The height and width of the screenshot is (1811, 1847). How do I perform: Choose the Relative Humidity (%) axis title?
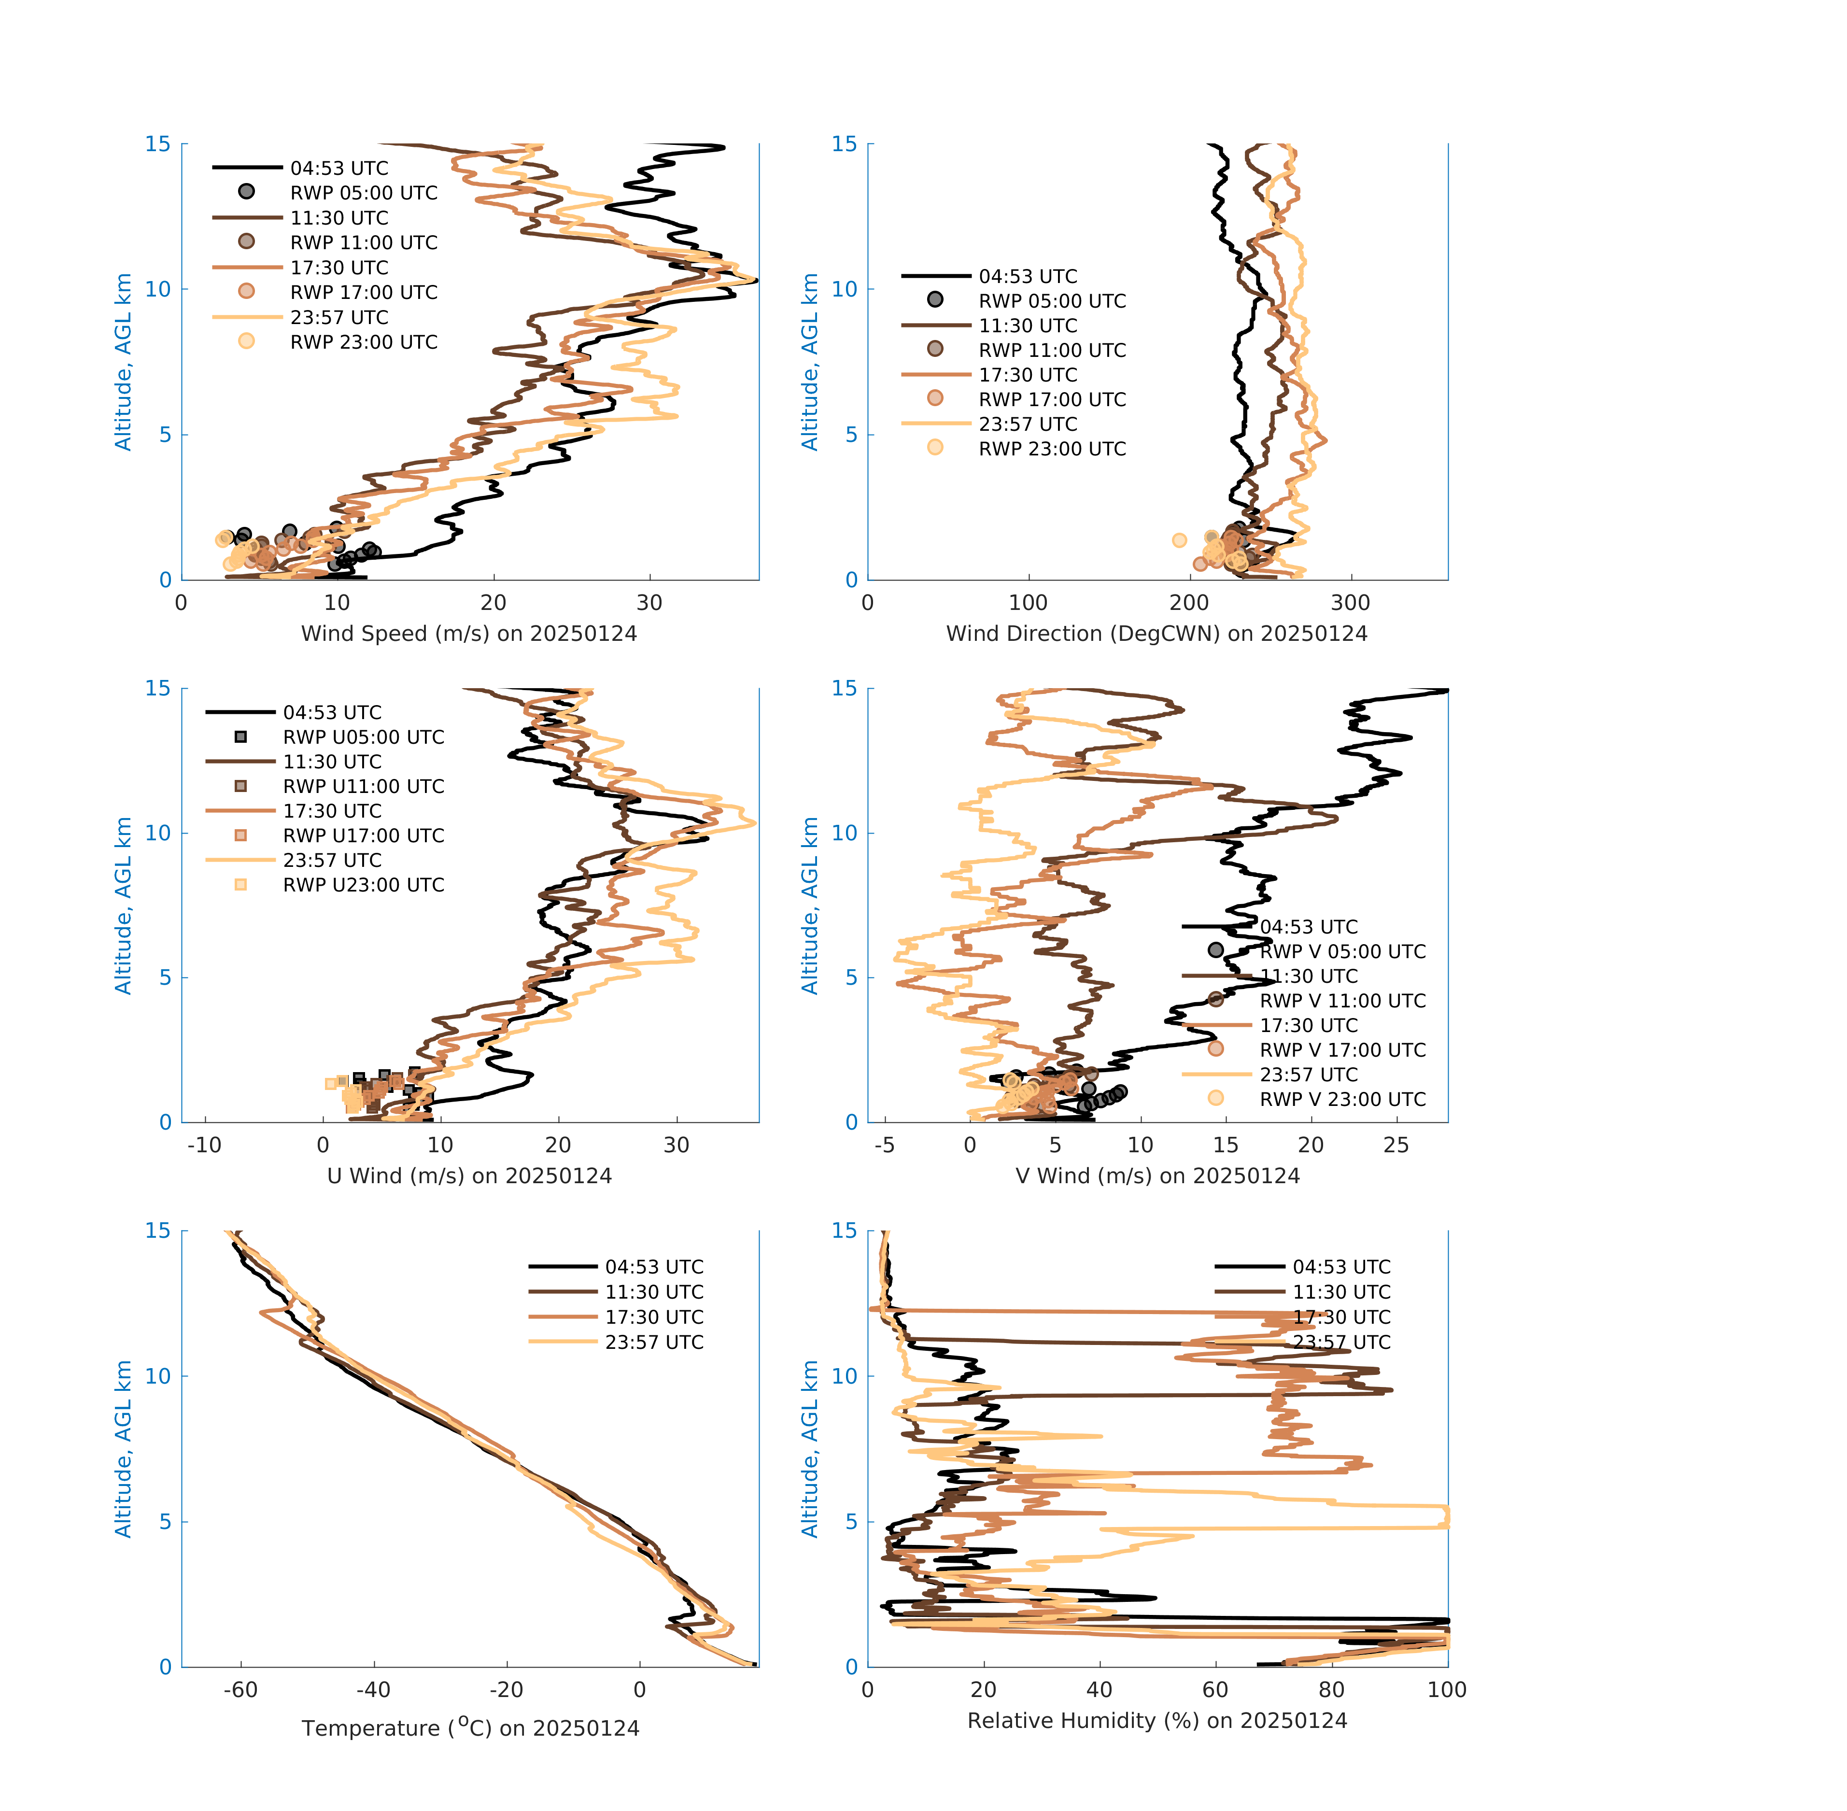(1156, 1721)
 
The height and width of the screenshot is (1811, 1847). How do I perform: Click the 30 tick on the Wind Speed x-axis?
(649, 603)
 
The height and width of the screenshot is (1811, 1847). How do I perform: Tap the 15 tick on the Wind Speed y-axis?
(158, 144)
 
